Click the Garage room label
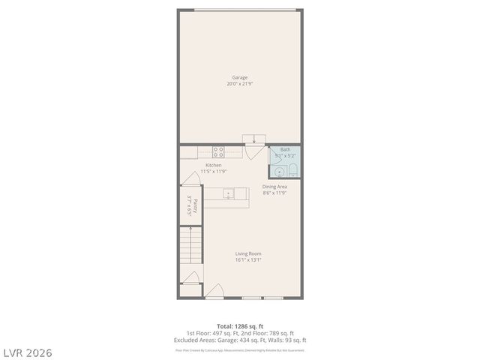click(x=240, y=76)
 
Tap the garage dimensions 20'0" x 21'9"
click(x=240, y=83)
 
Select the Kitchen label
click(x=214, y=165)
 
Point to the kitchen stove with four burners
click(x=217, y=151)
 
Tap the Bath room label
click(x=285, y=149)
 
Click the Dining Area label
click(x=274, y=187)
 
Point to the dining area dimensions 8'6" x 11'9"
click(x=274, y=193)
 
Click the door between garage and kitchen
click(x=253, y=139)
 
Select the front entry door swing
click(x=214, y=291)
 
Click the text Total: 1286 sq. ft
click(x=240, y=326)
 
